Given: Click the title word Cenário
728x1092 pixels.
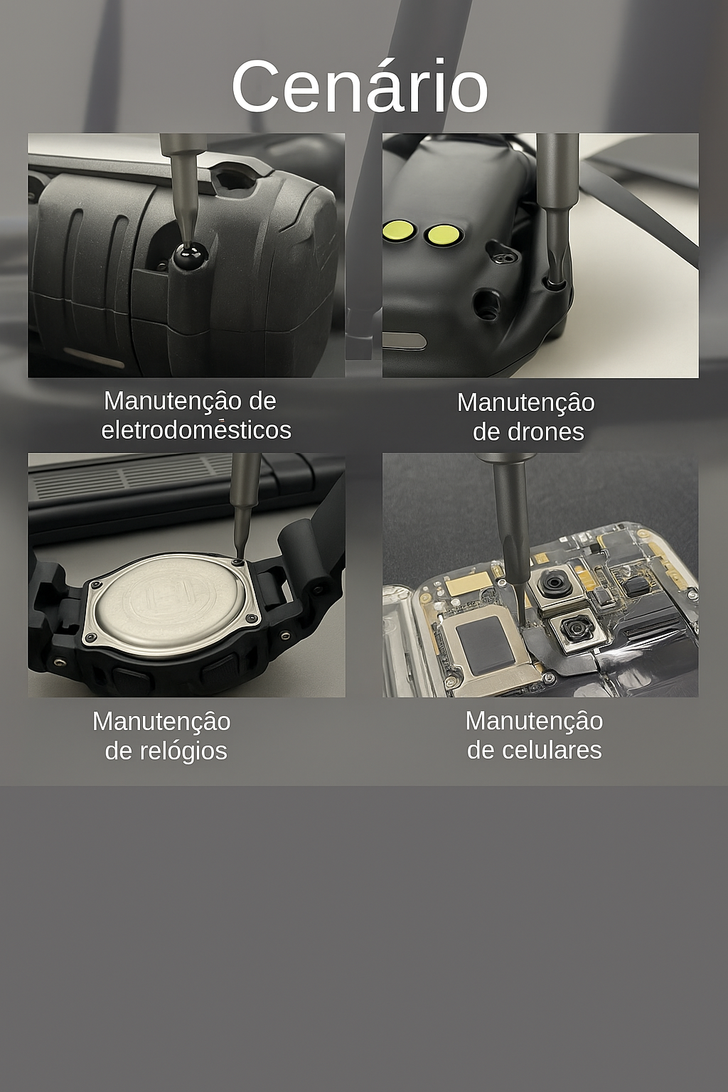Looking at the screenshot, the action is tap(359, 86).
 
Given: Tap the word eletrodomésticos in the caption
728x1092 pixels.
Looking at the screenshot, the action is tap(196, 430).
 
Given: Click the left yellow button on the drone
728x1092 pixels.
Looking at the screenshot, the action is tap(398, 230).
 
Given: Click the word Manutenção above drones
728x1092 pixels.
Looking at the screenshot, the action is tap(525, 402).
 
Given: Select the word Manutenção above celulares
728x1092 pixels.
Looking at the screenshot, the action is tap(534, 721).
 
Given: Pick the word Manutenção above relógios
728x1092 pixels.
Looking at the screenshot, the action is tap(161, 722).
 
